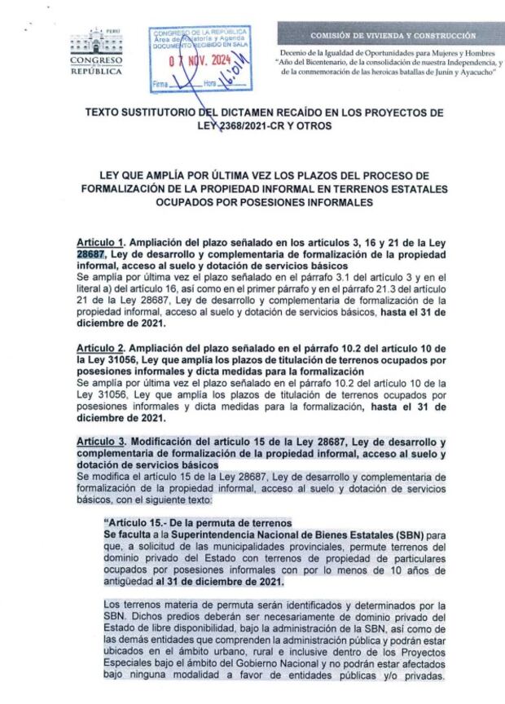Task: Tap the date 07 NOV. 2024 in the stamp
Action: (x=200, y=59)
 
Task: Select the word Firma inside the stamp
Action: (x=161, y=84)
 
